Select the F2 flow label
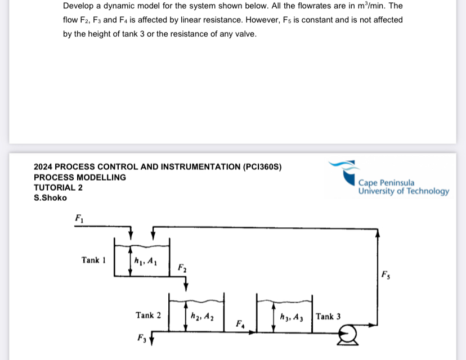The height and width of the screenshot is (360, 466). (182, 268)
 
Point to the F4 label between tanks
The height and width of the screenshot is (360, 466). (240, 323)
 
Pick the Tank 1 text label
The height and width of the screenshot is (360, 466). (93, 260)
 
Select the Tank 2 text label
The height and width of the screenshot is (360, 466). (148, 316)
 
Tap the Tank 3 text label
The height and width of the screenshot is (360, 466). (328, 316)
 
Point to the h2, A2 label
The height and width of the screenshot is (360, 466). (202, 316)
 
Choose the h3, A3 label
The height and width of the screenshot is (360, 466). (292, 317)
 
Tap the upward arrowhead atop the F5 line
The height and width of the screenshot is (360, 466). (378, 233)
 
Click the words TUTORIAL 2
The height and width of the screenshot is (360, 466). (58, 187)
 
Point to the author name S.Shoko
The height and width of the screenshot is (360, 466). (50, 197)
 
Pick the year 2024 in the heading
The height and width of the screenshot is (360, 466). (43, 166)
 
